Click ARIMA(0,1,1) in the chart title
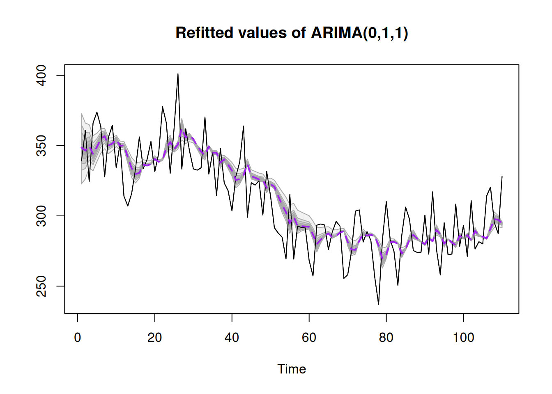click(359, 33)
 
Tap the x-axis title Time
click(292, 369)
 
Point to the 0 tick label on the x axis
click(78, 337)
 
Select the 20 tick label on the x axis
click(155, 337)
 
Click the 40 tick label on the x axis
click(232, 337)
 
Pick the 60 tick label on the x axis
click(309, 337)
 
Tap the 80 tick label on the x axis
click(386, 337)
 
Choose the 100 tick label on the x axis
click(463, 337)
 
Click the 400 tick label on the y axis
click(41, 76)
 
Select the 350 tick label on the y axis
click(41, 146)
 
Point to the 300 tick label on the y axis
click(41, 216)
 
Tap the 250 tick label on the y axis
click(41, 286)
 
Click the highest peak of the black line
click(178, 74)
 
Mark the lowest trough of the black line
click(378, 304)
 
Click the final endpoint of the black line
click(502, 176)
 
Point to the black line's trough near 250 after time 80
click(398, 285)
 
